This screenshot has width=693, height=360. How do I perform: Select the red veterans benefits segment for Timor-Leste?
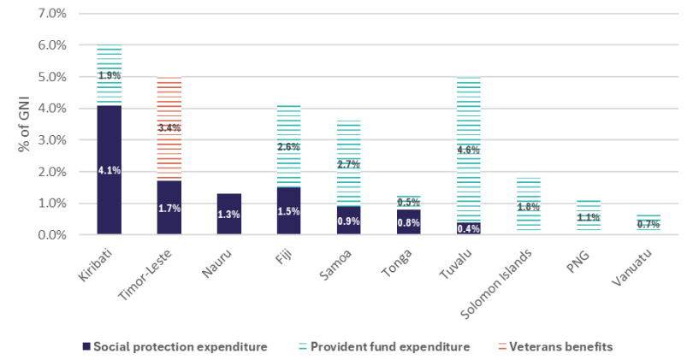tap(169, 103)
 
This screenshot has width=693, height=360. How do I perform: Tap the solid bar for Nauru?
tap(228, 214)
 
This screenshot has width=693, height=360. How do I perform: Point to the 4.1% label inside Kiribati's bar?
tap(109, 170)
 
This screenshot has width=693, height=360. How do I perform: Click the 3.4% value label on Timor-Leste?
tap(169, 127)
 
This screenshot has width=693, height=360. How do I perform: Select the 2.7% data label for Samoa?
tap(348, 163)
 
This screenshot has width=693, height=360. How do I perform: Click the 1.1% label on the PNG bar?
tap(588, 217)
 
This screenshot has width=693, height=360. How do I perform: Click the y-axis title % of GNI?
tap(25, 124)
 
